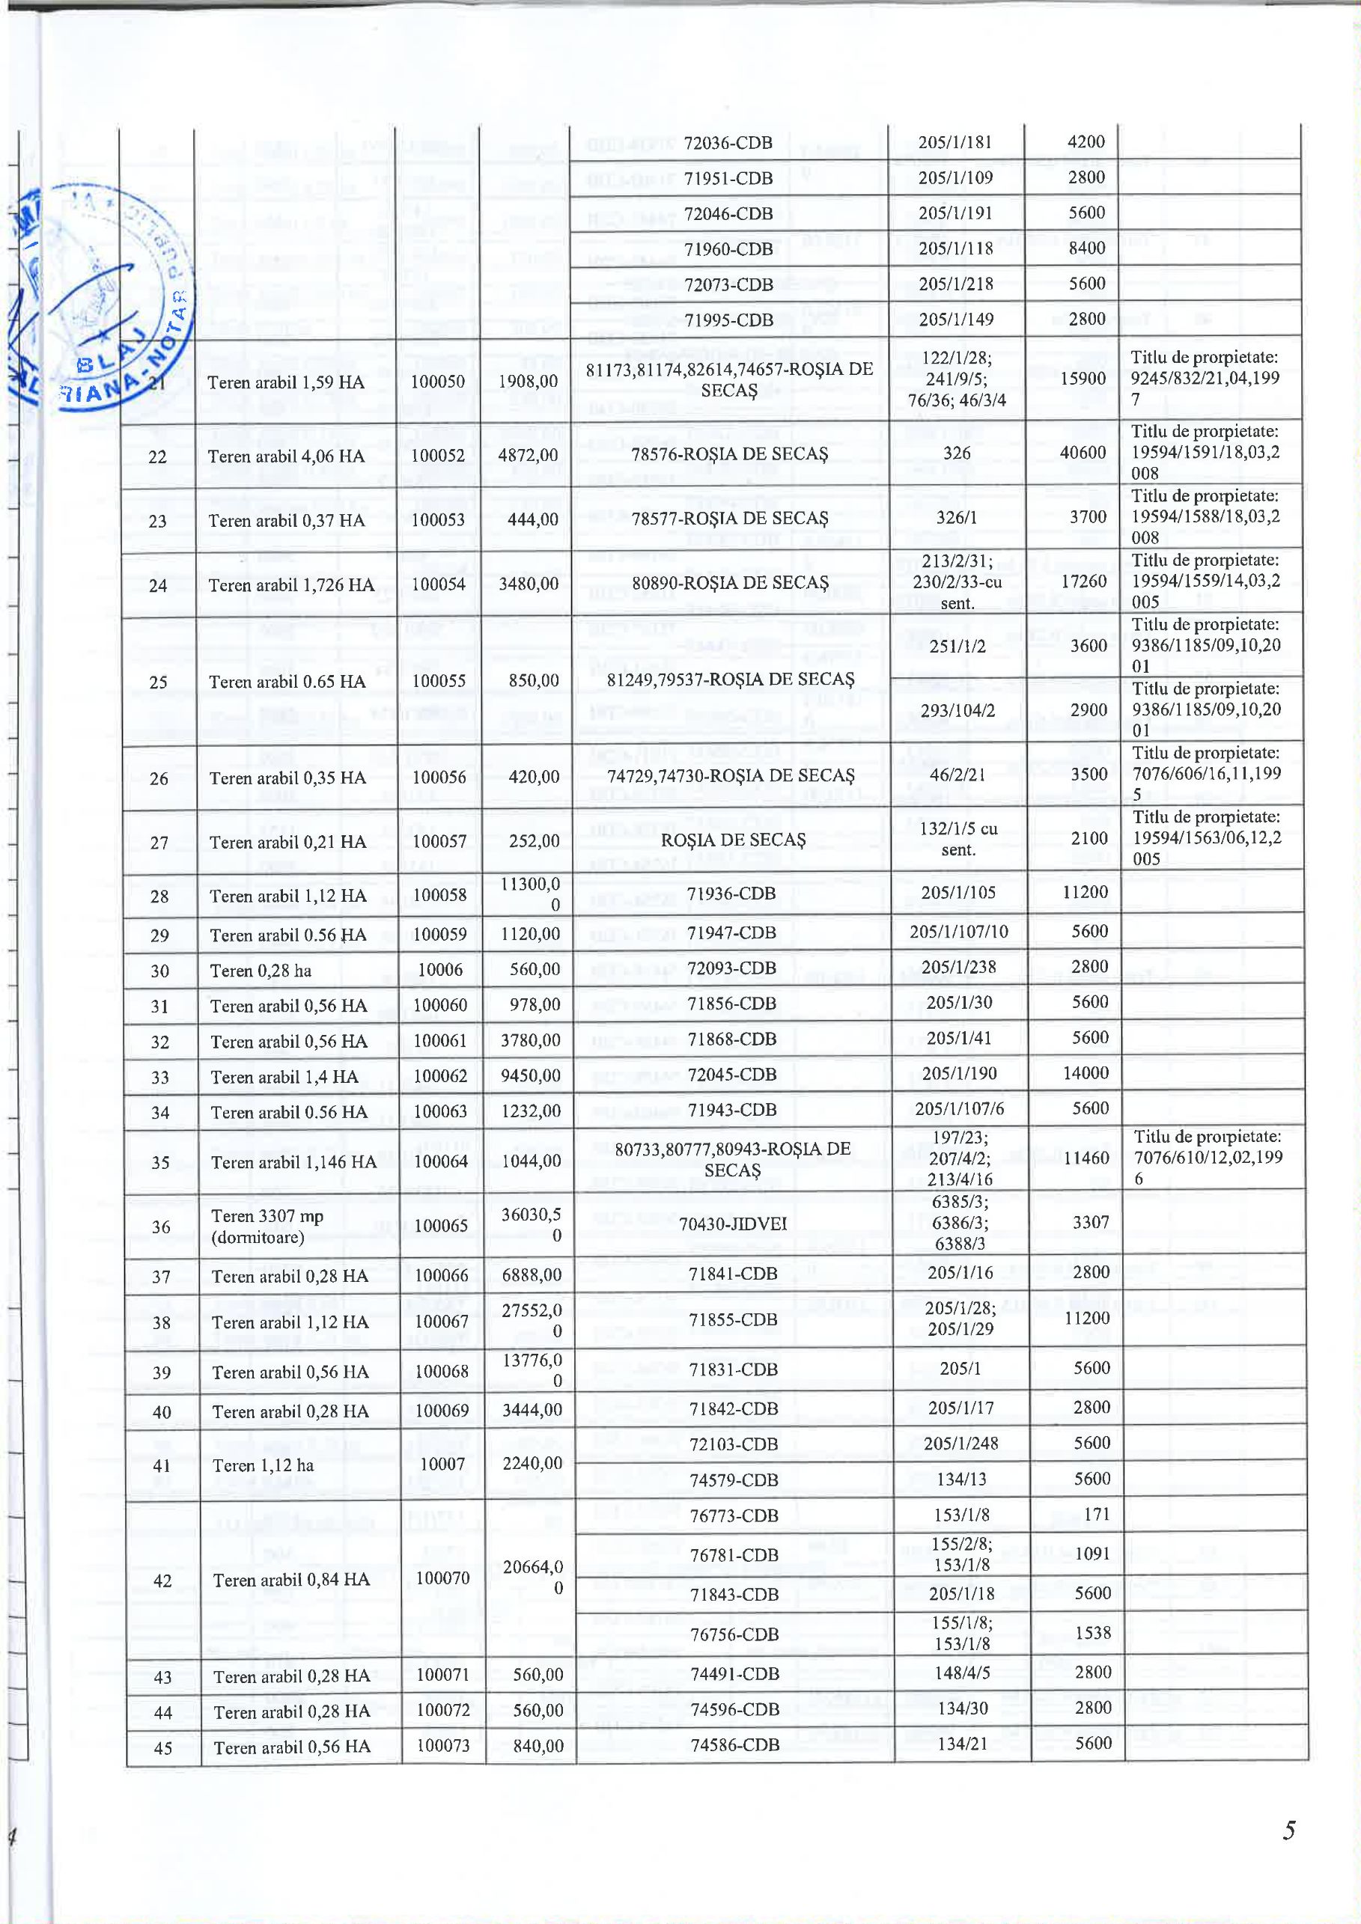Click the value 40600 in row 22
pyautogui.click(x=1088, y=453)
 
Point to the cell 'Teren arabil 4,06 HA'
pyautogui.click(x=287, y=456)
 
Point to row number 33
pyautogui.click(x=160, y=1077)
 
